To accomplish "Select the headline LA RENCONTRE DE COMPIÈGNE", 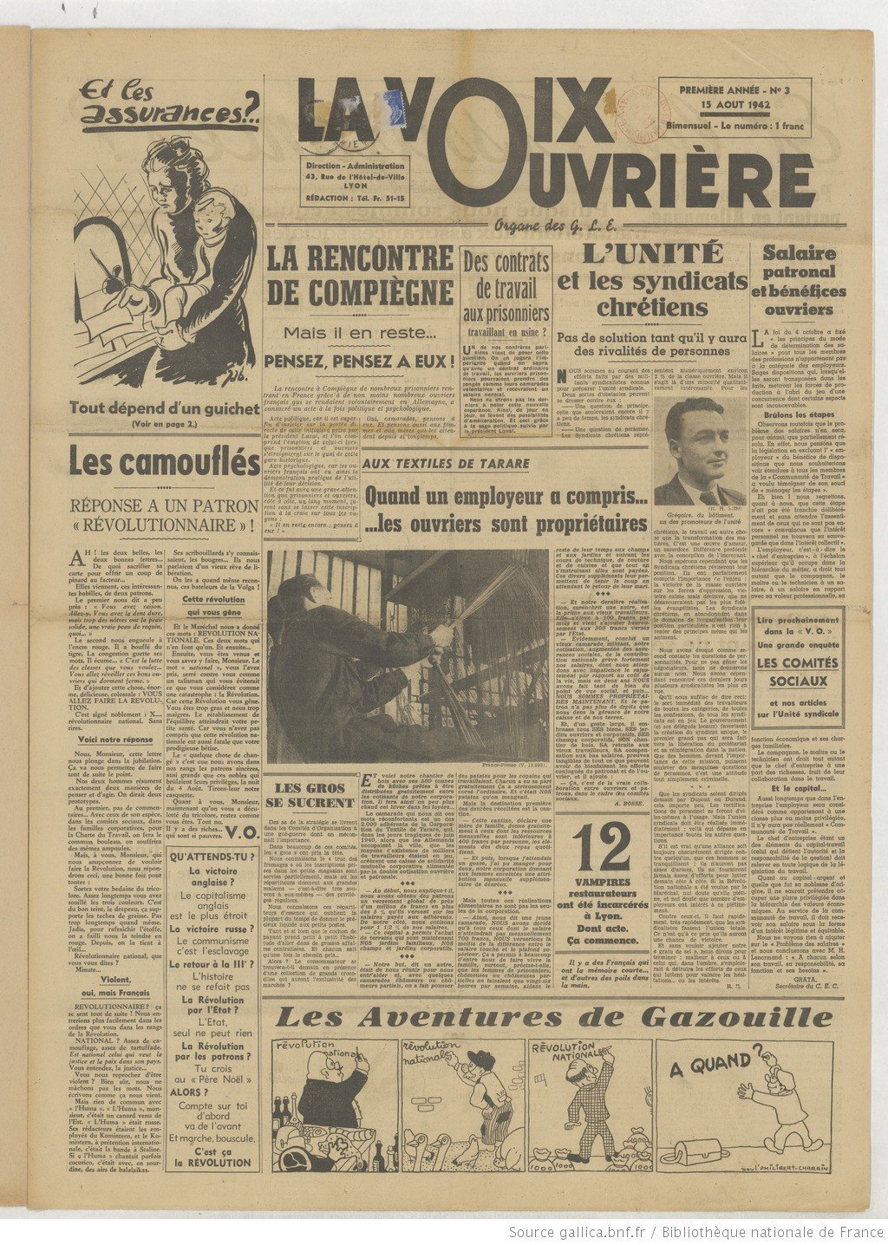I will pyautogui.click(x=360, y=275).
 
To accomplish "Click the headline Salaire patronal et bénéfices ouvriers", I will pyautogui.click(x=798, y=280).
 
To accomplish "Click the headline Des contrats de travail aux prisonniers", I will pyautogui.click(x=506, y=288).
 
